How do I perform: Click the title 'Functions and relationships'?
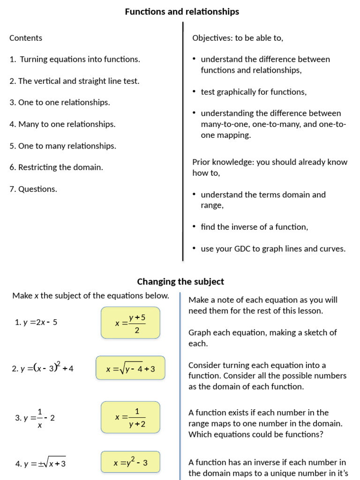coord(182,12)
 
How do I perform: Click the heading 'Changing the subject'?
coord(180,282)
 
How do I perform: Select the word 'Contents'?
coord(26,38)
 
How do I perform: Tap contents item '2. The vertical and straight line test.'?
coord(75,81)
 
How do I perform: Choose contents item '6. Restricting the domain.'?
coord(56,167)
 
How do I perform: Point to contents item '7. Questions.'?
coord(33,189)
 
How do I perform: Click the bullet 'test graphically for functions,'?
coord(254,92)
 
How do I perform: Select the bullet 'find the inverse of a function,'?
coord(255,227)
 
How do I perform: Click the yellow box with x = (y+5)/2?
coord(130,323)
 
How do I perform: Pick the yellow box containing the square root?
coord(130,369)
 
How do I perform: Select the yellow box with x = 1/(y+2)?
coord(130,417)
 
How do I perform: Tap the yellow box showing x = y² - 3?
coord(130,463)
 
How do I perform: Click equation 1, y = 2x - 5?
coord(36,322)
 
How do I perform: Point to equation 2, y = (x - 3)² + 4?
coord(43,368)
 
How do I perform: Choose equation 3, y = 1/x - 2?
coord(35,418)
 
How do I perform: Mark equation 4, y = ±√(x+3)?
coord(40,464)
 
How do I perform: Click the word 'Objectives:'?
coord(212,38)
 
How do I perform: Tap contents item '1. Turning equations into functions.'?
coord(75,60)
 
